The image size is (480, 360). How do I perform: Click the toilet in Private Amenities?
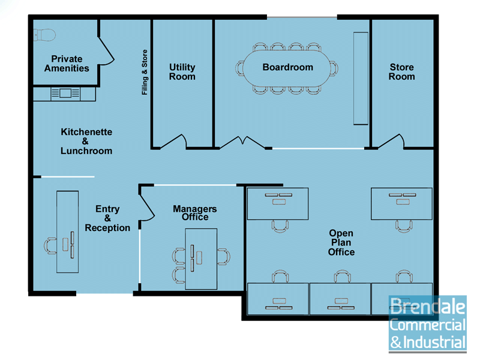click(44, 35)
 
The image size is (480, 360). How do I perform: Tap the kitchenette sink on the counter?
click(65, 93)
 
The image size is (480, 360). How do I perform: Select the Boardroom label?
click(288, 67)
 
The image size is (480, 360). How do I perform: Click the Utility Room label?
click(182, 71)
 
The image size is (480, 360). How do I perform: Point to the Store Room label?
click(401, 71)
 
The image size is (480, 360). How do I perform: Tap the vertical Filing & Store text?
click(145, 72)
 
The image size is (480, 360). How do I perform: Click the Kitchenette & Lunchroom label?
click(86, 141)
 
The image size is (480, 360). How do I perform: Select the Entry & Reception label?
click(107, 218)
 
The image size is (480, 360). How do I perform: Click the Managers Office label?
click(195, 213)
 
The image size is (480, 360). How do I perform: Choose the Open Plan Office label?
click(341, 242)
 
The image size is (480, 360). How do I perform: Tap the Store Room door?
click(391, 141)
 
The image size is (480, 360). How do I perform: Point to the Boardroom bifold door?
click(242, 142)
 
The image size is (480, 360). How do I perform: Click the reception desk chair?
click(50, 245)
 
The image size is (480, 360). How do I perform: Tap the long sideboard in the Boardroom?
click(361, 79)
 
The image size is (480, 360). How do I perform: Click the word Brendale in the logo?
click(428, 307)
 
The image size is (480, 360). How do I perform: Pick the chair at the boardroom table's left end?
click(240, 68)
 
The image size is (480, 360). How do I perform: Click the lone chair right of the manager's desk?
click(223, 257)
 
